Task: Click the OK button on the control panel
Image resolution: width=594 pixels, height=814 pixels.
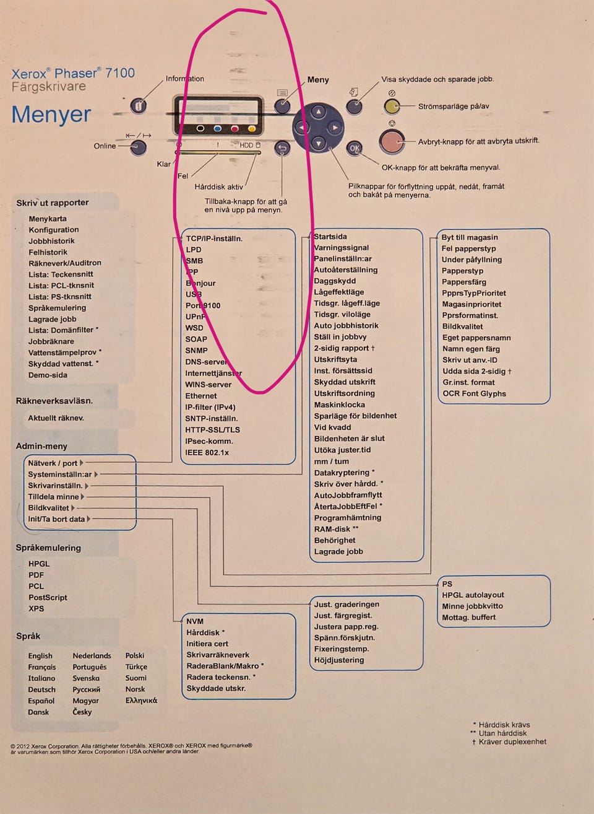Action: coord(354,148)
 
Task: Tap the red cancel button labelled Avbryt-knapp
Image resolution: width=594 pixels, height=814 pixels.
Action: coord(391,141)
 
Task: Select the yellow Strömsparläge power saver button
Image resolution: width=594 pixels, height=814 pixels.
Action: coord(391,107)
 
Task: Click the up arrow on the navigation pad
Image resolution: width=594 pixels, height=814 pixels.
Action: coord(318,112)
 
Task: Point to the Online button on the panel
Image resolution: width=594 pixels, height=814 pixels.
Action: coord(138,147)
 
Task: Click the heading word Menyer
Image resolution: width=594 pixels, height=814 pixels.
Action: coord(51,115)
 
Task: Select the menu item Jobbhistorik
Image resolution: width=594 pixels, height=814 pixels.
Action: coord(51,241)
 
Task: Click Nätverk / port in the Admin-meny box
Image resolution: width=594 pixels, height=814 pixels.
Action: coord(53,463)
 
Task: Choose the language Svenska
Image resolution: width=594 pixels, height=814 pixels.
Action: coord(86,678)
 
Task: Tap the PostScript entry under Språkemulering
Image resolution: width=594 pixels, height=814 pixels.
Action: coord(48,597)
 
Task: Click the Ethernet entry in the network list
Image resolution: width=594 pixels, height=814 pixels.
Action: coord(201,396)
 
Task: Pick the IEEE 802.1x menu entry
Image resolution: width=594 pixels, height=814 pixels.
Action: coord(207,452)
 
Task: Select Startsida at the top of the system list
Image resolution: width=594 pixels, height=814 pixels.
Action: coord(330,237)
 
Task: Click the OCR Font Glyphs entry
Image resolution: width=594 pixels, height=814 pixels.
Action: coord(474,393)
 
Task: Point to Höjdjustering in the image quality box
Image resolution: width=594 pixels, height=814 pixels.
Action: coord(339,660)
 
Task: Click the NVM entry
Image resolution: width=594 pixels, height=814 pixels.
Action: coord(195,621)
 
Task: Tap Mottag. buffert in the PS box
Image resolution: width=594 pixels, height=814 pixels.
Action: coord(468,617)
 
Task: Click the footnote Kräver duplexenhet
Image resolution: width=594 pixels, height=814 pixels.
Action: coord(512,742)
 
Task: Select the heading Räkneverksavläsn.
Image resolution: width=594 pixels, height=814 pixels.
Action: coord(54,401)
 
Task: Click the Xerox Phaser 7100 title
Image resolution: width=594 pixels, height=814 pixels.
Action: coord(73,73)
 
